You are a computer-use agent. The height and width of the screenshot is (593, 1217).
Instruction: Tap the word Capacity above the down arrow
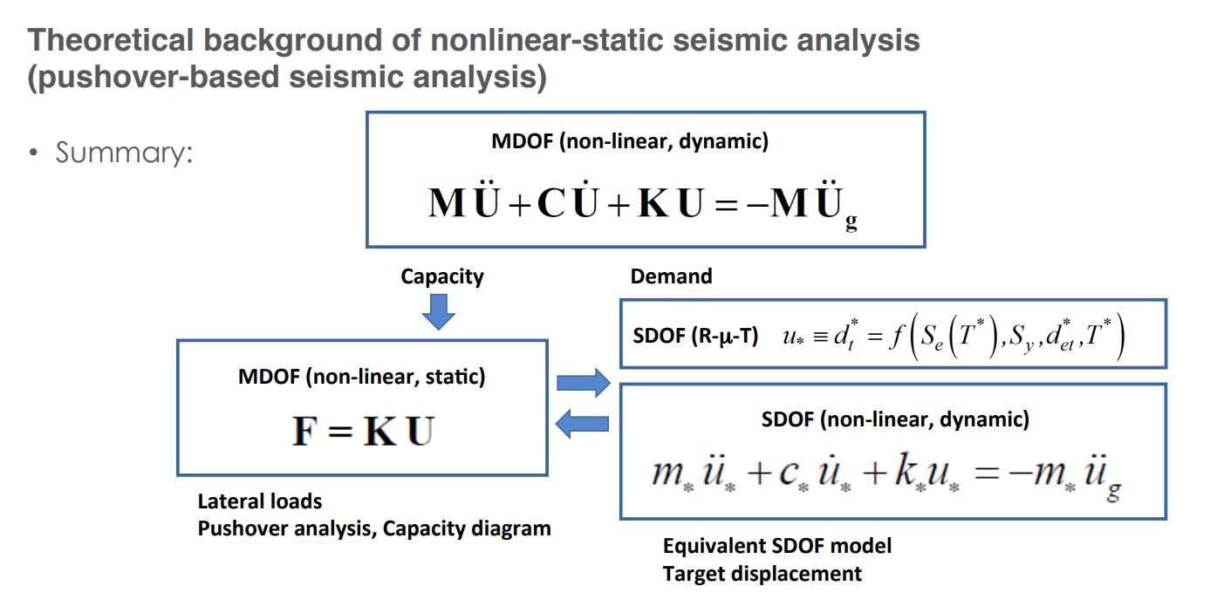point(441,277)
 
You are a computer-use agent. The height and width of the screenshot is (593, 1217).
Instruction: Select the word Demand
point(671,277)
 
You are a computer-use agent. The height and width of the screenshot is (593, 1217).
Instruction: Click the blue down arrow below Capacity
point(439,311)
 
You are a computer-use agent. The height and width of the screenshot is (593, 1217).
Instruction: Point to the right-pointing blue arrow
point(583,381)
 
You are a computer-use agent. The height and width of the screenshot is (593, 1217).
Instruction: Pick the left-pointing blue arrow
point(583,425)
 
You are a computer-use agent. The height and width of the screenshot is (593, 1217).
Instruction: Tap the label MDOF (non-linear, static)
point(362,378)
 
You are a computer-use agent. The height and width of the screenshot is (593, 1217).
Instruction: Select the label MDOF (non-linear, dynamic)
point(630,142)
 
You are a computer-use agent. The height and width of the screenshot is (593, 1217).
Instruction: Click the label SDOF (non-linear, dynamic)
point(895,419)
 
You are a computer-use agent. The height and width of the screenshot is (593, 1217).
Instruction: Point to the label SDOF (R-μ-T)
point(694,336)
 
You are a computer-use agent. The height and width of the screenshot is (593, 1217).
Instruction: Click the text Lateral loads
point(260,501)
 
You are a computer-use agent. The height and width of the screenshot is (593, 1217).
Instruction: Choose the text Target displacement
point(762,574)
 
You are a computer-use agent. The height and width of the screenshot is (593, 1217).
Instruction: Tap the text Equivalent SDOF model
point(777,547)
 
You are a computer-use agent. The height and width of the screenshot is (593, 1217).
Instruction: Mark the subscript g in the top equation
point(851,223)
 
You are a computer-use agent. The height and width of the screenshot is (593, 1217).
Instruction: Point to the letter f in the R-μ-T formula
point(893,336)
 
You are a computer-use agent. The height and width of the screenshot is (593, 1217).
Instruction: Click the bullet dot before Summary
point(33,154)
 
